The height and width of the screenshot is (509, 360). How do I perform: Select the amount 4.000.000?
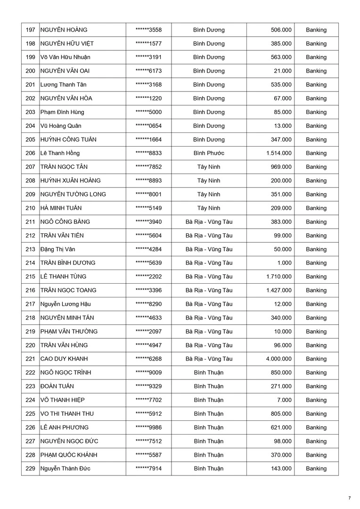click(x=278, y=359)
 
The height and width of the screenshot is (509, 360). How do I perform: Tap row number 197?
click(x=31, y=30)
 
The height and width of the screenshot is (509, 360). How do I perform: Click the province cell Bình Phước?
click(x=209, y=153)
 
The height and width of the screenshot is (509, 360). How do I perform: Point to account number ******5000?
click(x=148, y=112)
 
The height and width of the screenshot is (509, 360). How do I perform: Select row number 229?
click(x=31, y=469)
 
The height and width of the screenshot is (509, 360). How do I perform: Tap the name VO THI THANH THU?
click(x=67, y=414)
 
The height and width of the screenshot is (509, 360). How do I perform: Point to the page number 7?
click(x=349, y=498)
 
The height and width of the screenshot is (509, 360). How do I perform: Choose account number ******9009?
click(x=148, y=373)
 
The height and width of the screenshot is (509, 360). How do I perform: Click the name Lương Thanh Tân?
click(x=63, y=85)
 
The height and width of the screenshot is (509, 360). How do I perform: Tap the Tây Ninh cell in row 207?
click(x=209, y=167)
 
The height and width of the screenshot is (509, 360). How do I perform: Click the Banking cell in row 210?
click(x=316, y=208)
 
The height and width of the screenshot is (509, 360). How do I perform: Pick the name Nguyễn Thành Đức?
click(x=65, y=469)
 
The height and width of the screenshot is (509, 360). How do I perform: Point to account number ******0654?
click(x=148, y=126)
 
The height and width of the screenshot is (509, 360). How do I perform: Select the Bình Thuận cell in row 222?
click(x=209, y=373)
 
